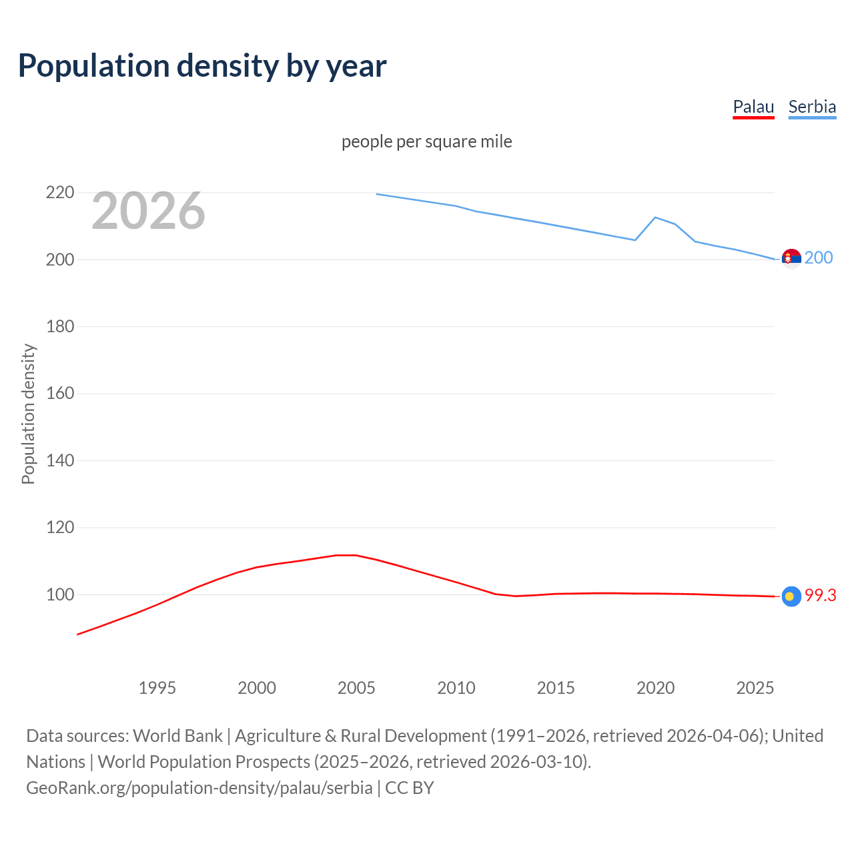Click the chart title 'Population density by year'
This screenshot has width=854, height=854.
tap(202, 66)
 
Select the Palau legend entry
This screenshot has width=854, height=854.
tap(753, 107)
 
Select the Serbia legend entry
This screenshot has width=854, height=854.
tap(812, 107)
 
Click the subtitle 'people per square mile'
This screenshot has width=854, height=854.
tap(426, 141)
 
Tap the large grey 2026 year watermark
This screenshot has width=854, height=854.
tap(148, 211)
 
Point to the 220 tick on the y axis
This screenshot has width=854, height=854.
tap(60, 193)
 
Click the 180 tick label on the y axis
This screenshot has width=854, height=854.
tap(60, 326)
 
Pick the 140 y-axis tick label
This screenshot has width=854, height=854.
tap(60, 460)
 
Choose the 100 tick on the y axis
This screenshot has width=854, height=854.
tap(60, 594)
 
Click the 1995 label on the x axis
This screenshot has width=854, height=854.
tap(157, 688)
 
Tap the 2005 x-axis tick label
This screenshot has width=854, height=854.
tap(356, 688)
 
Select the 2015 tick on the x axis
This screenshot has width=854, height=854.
tap(556, 688)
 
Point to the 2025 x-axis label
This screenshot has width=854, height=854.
tap(755, 688)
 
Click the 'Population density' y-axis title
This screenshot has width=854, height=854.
tap(28, 414)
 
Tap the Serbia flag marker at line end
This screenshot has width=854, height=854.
tap(791, 258)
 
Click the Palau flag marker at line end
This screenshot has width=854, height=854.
tap(791, 596)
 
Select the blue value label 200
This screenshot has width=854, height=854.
tap(819, 258)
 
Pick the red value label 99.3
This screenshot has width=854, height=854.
tap(820, 596)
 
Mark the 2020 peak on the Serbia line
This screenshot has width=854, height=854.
tap(655, 218)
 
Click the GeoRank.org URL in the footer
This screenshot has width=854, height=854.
tap(199, 788)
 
